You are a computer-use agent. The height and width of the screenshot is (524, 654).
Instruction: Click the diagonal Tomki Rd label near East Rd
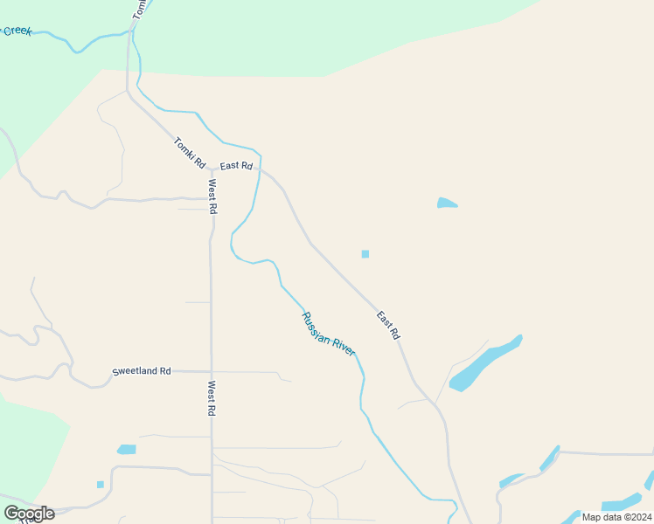[190, 153]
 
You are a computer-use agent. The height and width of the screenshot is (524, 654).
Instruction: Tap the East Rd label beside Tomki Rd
[236, 166]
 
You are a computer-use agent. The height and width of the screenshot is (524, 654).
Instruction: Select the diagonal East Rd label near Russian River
[388, 325]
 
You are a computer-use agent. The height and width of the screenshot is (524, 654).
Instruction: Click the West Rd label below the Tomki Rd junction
[212, 196]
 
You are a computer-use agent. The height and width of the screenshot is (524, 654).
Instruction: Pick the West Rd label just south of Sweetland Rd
[212, 398]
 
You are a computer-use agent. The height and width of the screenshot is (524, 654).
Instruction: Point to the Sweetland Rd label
[142, 371]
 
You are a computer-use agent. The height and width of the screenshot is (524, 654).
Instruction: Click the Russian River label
[328, 334]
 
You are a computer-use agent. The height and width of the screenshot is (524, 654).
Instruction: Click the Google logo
[29, 514]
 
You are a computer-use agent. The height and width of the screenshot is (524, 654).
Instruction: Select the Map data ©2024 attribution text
[616, 516]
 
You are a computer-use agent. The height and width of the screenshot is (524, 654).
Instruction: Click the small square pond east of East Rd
[365, 254]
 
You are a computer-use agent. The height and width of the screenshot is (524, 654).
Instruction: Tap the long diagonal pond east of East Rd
[484, 362]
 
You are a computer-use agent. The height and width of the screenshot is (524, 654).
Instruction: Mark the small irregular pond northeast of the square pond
[446, 203]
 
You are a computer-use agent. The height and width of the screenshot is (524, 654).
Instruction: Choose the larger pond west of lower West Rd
[127, 450]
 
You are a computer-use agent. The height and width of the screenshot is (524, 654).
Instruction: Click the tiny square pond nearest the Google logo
[101, 484]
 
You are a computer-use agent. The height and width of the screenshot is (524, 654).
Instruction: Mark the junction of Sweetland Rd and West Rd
[211, 371]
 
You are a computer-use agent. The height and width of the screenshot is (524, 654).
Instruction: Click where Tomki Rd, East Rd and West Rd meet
[211, 169]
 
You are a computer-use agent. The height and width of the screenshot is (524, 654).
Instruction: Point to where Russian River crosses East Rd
[260, 166]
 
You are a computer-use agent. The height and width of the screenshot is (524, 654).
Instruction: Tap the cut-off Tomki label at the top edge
[140, 9]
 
